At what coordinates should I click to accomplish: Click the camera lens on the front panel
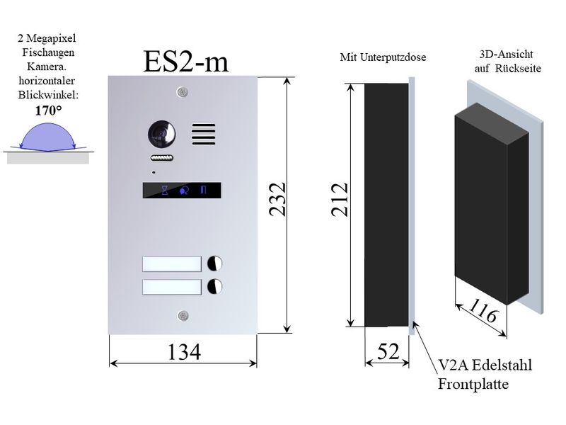(162, 134)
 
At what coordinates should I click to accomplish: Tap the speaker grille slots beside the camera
(204, 134)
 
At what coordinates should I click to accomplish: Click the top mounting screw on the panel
(183, 92)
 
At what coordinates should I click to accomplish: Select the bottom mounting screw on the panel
(183, 316)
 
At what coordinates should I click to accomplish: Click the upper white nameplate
(172, 263)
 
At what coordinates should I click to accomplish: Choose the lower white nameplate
(172, 287)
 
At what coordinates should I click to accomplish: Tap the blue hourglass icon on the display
(165, 190)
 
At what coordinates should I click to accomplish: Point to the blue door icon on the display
(203, 190)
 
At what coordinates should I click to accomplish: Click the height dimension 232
(278, 200)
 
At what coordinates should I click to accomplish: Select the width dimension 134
(184, 352)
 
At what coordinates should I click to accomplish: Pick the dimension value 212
(340, 200)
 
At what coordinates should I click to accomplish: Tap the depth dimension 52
(388, 351)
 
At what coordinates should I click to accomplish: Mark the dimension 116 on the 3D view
(484, 310)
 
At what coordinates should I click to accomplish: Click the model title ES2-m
(186, 62)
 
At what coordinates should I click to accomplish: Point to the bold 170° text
(48, 110)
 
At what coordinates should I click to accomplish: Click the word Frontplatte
(473, 384)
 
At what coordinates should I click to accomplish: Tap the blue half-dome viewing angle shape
(47, 137)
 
